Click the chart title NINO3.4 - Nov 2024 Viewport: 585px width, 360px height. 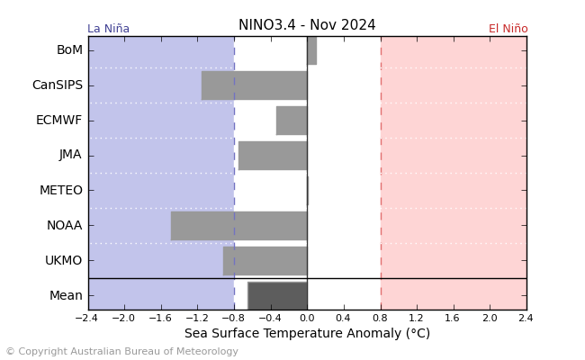tap(307, 25)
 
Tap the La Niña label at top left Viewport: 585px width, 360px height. tap(108, 29)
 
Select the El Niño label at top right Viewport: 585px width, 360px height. tap(508, 29)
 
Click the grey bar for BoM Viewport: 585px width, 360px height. tap(311, 50)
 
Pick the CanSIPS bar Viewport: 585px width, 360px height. tap(254, 85)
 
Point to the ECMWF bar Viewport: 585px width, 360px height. tap(292, 121)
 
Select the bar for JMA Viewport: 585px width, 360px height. tap(273, 155)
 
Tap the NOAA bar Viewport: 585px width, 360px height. tap(238, 226)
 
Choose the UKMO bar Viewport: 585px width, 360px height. tap(265, 261)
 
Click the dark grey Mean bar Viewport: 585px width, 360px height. tap(277, 295)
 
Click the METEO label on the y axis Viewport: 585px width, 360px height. tap(61, 191)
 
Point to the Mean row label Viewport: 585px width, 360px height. tap(66, 295)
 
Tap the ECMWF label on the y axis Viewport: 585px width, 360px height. tap(59, 121)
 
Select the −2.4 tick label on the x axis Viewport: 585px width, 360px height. tap(86, 319)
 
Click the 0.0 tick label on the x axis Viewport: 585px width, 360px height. tap(307, 319)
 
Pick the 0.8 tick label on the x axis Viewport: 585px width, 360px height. tap(380, 319)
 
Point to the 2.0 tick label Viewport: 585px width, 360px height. tap(490, 319)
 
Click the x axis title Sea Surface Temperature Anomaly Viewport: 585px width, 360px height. tap(307, 334)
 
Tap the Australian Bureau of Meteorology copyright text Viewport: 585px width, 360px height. tap(121, 352)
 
